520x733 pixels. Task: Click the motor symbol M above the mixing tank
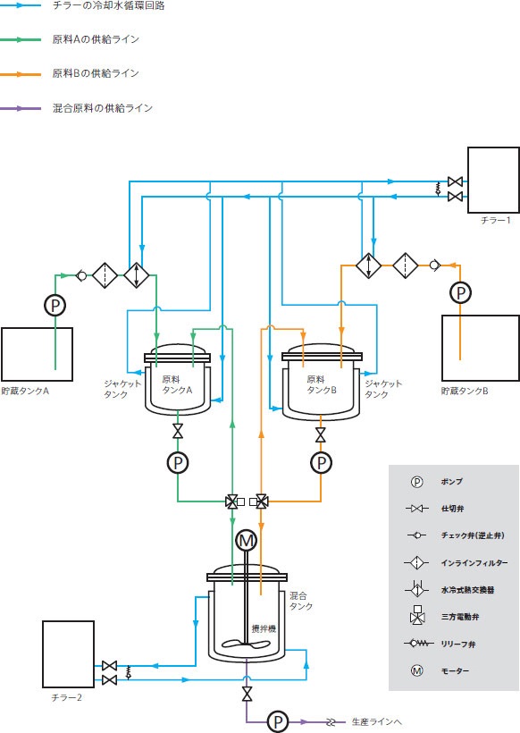(x=247, y=541)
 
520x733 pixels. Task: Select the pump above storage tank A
(x=55, y=305)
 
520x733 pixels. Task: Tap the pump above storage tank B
(x=461, y=292)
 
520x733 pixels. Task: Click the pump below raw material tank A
(x=178, y=463)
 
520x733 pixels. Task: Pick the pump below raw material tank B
(x=321, y=463)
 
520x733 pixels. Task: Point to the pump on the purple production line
(x=279, y=721)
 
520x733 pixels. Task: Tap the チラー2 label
(x=67, y=697)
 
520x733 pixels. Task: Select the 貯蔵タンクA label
(x=25, y=391)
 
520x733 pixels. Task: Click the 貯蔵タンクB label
(x=465, y=391)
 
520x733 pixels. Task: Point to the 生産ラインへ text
(x=376, y=721)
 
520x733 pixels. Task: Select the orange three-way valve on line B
(x=259, y=502)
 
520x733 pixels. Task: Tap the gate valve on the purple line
(x=247, y=695)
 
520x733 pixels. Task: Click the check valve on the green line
(x=80, y=276)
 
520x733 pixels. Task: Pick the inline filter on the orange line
(x=406, y=265)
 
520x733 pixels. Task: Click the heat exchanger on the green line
(x=137, y=275)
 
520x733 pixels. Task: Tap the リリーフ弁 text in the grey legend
(x=458, y=645)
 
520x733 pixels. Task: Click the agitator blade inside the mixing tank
(x=246, y=644)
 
